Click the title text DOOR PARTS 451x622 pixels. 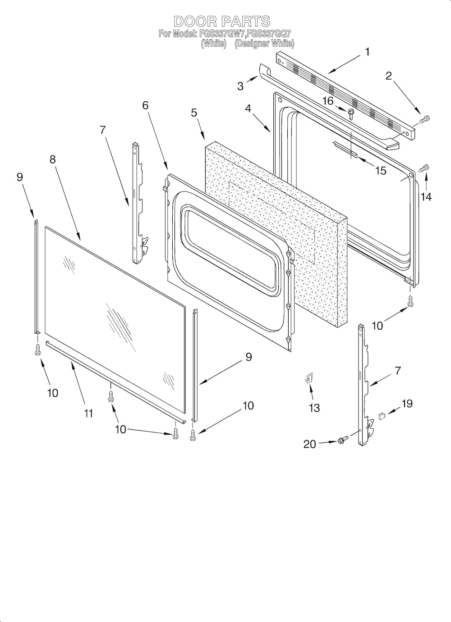222,21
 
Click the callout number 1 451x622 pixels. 367,52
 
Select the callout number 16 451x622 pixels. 328,101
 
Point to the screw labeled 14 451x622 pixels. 424,168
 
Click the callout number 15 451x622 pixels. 381,171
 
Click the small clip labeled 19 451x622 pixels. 382,416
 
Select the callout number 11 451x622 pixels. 88,413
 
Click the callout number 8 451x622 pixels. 53,159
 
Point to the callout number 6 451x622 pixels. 145,105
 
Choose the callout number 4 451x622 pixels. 248,109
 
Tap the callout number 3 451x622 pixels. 240,86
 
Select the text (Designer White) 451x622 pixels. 264,44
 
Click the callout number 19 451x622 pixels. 407,404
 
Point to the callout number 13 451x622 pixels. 314,408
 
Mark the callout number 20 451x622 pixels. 310,444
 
